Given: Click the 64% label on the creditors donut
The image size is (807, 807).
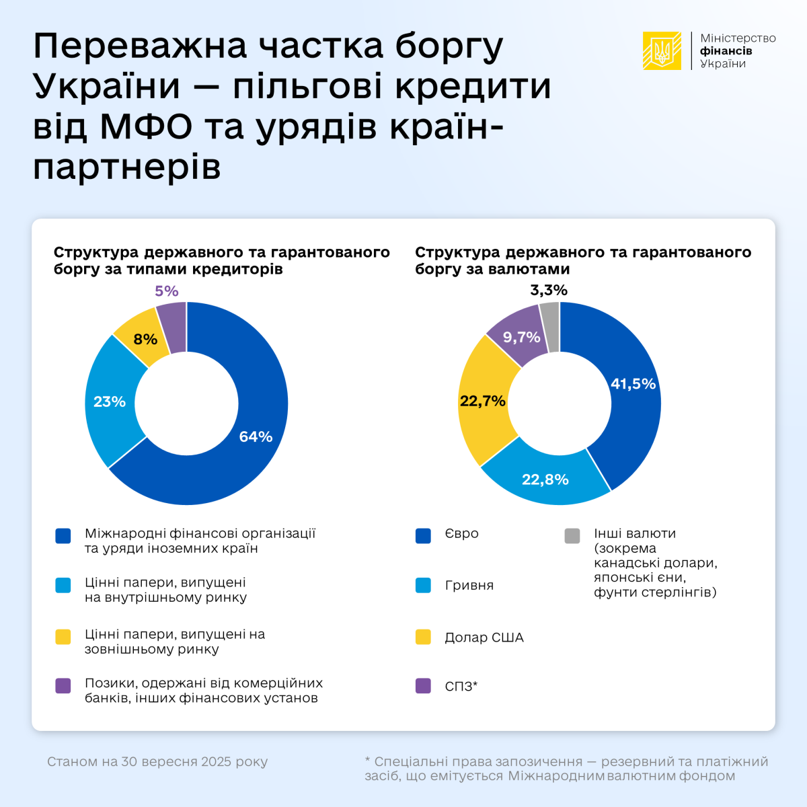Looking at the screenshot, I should (256, 436).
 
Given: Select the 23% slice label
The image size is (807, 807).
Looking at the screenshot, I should (110, 401).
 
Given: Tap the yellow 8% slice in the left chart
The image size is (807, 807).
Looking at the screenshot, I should (144, 338).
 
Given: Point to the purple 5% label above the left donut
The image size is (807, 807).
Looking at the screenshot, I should (167, 291).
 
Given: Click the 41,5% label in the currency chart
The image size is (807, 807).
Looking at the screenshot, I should (633, 383).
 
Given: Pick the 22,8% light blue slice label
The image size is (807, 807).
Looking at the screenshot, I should (545, 479).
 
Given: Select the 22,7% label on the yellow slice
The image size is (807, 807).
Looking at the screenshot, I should (482, 401).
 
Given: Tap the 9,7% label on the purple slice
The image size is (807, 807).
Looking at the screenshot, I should (522, 337).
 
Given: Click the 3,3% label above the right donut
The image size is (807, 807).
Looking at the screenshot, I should (549, 290).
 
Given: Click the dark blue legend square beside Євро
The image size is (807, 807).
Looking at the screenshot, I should (423, 536).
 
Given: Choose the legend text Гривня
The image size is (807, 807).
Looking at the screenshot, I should (469, 585).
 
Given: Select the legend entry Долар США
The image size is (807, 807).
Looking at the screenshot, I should (484, 637).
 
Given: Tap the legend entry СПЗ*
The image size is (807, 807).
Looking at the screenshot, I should (461, 686).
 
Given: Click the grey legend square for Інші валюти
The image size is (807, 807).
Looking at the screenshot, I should (572, 536).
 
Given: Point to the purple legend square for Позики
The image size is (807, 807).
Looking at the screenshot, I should (63, 686).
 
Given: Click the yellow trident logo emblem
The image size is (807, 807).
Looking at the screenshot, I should (662, 51).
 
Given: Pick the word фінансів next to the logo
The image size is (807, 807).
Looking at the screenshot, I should (726, 51).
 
